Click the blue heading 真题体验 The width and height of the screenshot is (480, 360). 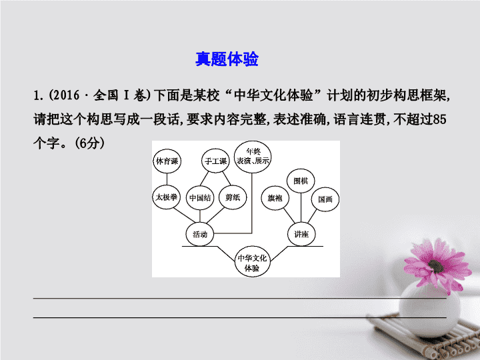pyautogui.click(x=227, y=59)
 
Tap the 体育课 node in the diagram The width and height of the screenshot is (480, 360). pyautogui.click(x=167, y=161)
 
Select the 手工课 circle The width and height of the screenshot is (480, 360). pyautogui.click(x=216, y=161)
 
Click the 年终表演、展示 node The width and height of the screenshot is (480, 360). pyautogui.click(x=253, y=157)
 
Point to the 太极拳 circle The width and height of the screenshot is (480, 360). pyautogui.click(x=166, y=197)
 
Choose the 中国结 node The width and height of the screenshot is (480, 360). pyautogui.click(x=200, y=198)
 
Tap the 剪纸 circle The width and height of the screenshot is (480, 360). pyautogui.click(x=233, y=197)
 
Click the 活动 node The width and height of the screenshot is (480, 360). pyautogui.click(x=200, y=234)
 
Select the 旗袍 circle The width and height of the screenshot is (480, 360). pyautogui.click(x=275, y=198)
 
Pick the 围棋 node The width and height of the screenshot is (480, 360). pyautogui.click(x=301, y=181)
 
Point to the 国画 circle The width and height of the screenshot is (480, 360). pyautogui.click(x=325, y=199)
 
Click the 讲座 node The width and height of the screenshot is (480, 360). pyautogui.click(x=301, y=234)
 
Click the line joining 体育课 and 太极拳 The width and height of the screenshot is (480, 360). pyautogui.click(x=167, y=179)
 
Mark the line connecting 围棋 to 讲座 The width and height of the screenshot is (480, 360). pyautogui.click(x=301, y=208)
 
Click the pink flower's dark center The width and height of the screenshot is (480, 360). pyautogui.click(x=436, y=266)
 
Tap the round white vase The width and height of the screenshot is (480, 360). pyautogui.click(x=429, y=310)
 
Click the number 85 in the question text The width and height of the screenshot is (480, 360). pyautogui.click(x=439, y=119)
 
